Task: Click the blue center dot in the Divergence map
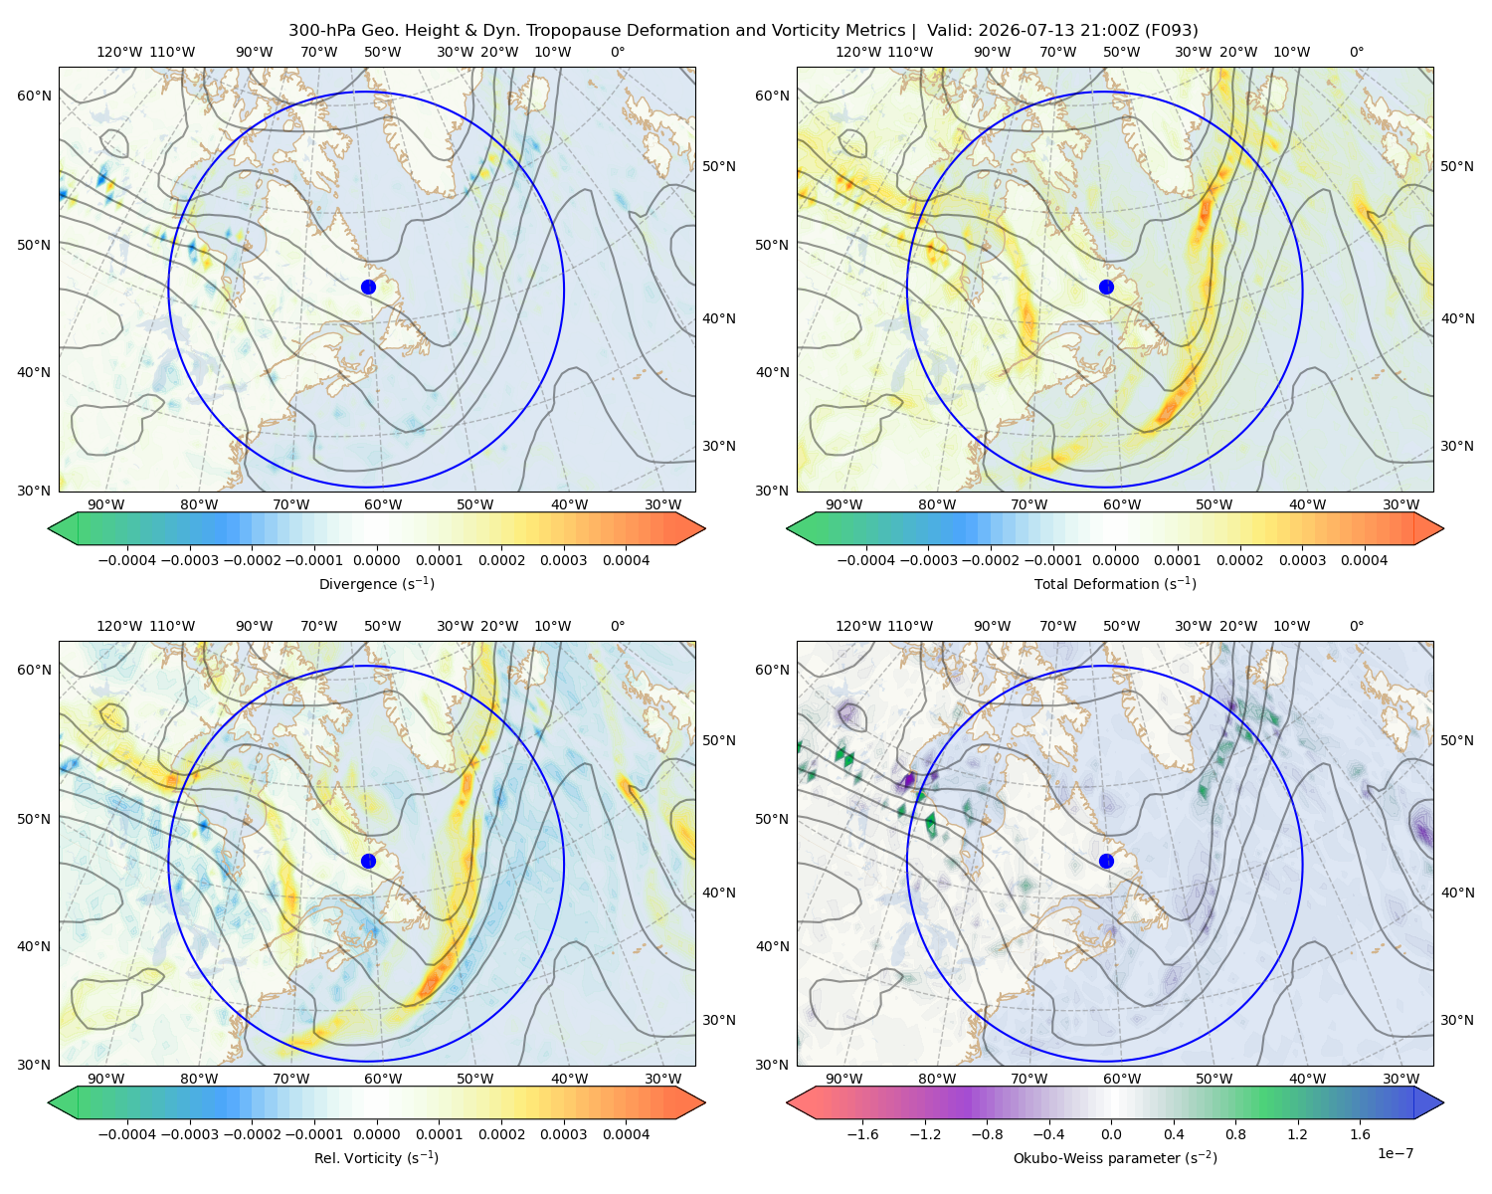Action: [368, 287]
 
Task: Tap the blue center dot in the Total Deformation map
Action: [1106, 287]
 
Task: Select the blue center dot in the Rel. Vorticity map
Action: [368, 861]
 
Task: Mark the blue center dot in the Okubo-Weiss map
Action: [1106, 861]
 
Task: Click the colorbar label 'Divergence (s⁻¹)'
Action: [376, 583]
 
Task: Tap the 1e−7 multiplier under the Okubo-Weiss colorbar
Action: [1395, 1153]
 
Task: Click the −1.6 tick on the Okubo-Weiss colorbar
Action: [862, 1133]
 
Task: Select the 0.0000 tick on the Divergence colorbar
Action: [376, 560]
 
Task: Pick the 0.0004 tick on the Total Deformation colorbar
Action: [1364, 560]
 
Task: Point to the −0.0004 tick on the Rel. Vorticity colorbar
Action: [127, 1133]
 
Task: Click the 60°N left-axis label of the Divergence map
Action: [34, 96]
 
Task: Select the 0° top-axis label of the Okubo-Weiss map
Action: [1356, 626]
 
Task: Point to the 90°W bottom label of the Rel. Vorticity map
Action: [106, 1079]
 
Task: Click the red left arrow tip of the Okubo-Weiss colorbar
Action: [789, 1102]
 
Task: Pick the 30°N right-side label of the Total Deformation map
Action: [1457, 446]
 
